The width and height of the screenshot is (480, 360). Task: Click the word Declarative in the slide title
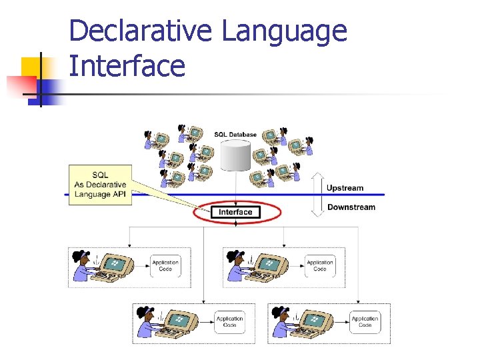click(x=141, y=31)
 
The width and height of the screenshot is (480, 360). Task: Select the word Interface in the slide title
click(x=127, y=66)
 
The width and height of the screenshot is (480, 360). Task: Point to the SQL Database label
click(x=235, y=135)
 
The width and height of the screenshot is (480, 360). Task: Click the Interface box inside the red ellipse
click(x=236, y=212)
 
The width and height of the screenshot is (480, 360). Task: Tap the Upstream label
click(x=345, y=188)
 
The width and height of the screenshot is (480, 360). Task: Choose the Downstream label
click(x=351, y=207)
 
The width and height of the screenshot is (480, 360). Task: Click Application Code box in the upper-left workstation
click(x=165, y=265)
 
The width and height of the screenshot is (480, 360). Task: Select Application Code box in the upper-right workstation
click(x=320, y=265)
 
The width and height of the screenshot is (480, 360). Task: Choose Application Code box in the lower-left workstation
click(x=229, y=321)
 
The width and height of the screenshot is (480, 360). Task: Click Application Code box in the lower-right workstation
click(x=365, y=321)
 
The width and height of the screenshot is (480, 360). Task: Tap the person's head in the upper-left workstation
click(x=81, y=257)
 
